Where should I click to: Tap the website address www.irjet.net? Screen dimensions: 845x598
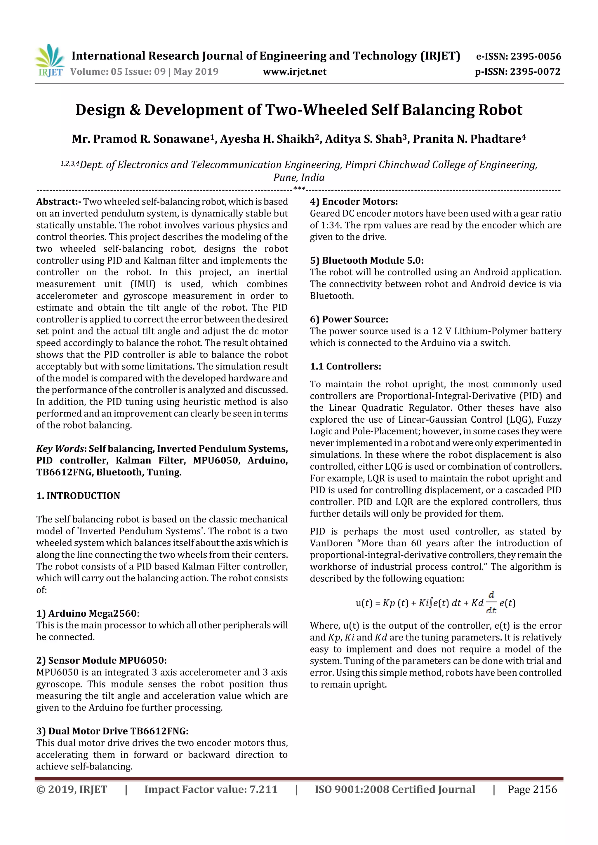[x=294, y=72]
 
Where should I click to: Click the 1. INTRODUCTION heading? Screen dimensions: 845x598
[x=78, y=496]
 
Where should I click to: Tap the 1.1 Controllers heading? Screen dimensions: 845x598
[x=345, y=367]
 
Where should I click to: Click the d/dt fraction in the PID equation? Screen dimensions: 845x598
[x=491, y=603]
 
